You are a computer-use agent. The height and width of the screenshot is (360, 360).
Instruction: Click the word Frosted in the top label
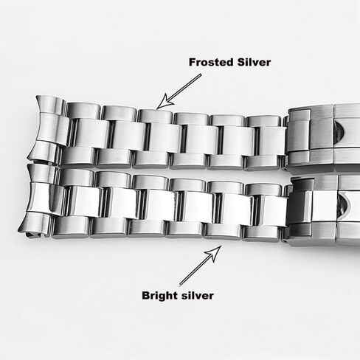click(211, 62)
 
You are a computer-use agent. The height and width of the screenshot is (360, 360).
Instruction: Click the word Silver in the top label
click(254, 62)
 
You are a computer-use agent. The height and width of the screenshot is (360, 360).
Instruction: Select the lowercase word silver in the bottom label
click(197, 295)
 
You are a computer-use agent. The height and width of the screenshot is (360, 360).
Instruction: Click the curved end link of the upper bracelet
click(48, 129)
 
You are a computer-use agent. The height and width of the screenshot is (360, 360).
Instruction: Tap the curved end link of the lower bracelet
click(41, 201)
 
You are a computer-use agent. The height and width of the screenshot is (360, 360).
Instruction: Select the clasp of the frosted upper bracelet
click(323, 136)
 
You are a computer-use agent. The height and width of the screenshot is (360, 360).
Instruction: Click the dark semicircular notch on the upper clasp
click(341, 134)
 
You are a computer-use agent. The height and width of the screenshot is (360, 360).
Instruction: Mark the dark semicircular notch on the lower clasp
click(344, 206)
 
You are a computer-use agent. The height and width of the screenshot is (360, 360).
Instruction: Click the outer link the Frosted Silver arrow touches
click(156, 116)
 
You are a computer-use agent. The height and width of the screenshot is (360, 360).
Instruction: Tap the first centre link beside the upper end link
click(90, 134)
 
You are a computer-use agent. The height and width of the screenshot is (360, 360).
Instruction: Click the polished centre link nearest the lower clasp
click(272, 211)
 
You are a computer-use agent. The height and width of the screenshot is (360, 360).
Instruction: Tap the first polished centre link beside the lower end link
click(84, 201)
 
